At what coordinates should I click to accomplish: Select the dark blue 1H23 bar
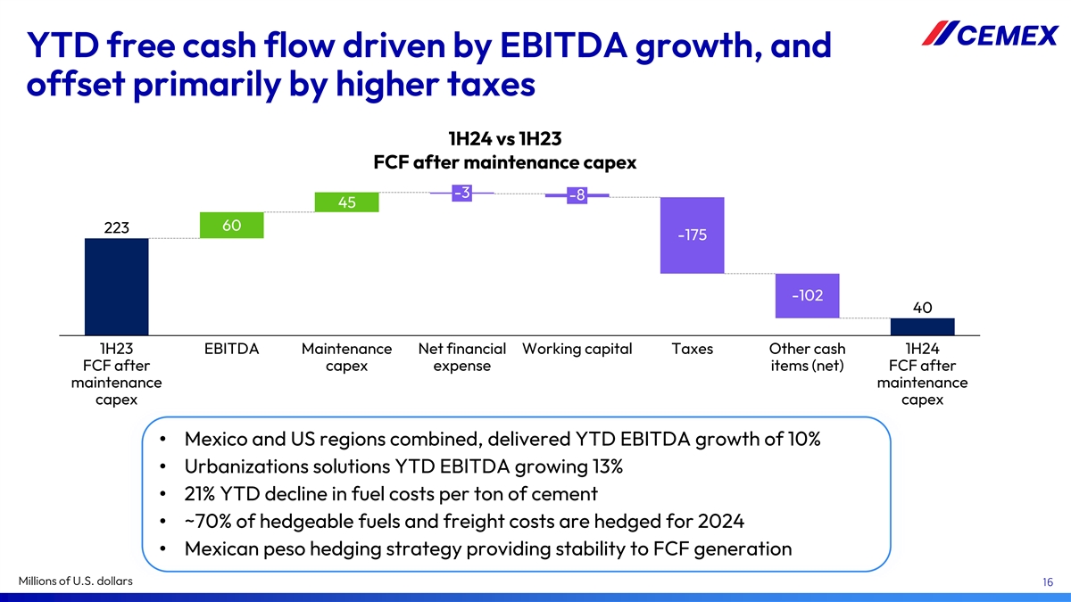116,286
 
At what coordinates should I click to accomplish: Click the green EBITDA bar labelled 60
232,226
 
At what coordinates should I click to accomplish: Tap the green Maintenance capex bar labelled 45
347,202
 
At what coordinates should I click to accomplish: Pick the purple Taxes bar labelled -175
692,235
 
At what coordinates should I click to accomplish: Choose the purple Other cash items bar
808,295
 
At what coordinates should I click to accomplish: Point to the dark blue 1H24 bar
922,326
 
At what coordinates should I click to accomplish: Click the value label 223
117,228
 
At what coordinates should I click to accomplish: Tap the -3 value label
461,192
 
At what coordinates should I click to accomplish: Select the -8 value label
577,195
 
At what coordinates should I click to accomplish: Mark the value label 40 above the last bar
923,307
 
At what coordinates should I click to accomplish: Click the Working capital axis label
577,349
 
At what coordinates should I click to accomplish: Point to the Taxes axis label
692,349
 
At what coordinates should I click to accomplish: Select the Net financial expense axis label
461,357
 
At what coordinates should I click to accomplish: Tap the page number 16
1049,582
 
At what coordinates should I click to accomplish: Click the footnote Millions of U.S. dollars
76,581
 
